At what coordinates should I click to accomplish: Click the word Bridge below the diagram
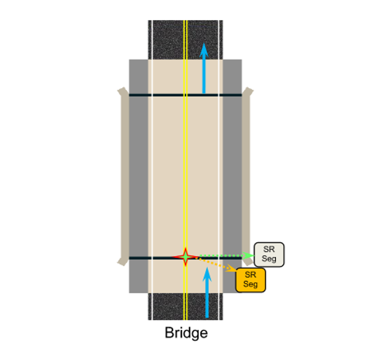tap(186, 333)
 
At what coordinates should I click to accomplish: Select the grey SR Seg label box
tap(269, 254)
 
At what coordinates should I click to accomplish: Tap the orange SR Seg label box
tap(250, 280)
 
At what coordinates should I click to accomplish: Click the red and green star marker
tap(186, 257)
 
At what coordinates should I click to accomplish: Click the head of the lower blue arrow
tap(207, 274)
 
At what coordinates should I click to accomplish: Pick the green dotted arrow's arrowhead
tap(248, 255)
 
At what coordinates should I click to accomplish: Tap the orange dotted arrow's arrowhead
tap(230, 268)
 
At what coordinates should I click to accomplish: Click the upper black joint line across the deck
tap(185, 95)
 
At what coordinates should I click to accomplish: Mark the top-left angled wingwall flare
tap(123, 91)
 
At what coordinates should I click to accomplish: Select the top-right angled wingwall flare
tap(248, 91)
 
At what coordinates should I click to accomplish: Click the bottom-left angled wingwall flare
tap(123, 261)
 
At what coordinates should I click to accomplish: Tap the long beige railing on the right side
tap(246, 176)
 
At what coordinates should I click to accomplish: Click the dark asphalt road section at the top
tap(185, 40)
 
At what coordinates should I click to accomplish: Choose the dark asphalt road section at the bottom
tap(185, 306)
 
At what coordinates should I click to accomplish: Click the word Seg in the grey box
tap(269, 259)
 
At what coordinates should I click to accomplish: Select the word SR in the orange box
tap(250, 274)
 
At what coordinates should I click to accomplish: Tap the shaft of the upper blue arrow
tap(204, 75)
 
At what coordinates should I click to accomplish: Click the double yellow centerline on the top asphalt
tap(185, 40)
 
